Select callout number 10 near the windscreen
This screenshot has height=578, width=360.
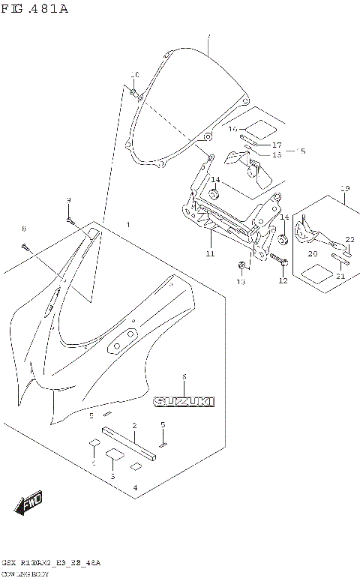(135, 75)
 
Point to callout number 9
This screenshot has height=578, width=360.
(68, 200)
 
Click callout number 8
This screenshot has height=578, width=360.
(23, 228)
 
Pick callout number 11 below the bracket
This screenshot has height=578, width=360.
(210, 255)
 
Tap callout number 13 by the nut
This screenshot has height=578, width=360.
(241, 282)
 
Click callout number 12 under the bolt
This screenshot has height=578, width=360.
(283, 281)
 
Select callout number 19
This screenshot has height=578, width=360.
(346, 188)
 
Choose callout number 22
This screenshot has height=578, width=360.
(349, 240)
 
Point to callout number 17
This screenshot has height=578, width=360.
(277, 145)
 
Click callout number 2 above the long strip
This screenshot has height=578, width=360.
(134, 427)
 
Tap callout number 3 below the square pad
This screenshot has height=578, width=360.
(112, 476)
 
